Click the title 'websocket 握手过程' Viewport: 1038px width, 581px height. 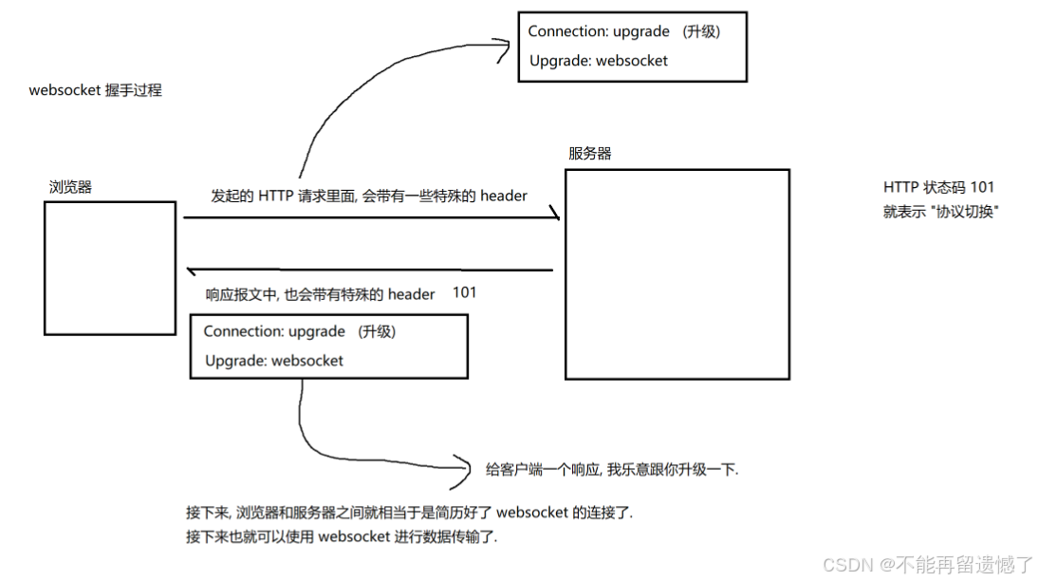click(96, 91)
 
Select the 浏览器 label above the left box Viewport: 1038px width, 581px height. click(71, 187)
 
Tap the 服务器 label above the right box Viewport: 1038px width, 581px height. click(590, 154)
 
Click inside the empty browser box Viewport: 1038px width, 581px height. click(110, 268)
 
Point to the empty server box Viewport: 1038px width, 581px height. click(677, 274)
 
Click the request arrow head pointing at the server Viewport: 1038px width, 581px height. click(555, 217)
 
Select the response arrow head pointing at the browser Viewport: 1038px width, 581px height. click(190, 271)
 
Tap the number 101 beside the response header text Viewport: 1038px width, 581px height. click(464, 292)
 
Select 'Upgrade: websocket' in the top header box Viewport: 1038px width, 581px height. click(598, 61)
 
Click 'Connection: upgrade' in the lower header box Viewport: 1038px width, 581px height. click(273, 331)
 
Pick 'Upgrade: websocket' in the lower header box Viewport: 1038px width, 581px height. click(273, 361)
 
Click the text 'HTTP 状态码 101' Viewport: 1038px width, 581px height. click(938, 188)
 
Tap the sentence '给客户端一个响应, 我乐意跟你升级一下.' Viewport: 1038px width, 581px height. click(612, 469)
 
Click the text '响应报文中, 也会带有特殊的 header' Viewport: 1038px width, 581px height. click(321, 294)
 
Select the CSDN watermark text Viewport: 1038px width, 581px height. click(927, 565)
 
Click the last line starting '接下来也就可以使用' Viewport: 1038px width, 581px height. click(342, 537)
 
